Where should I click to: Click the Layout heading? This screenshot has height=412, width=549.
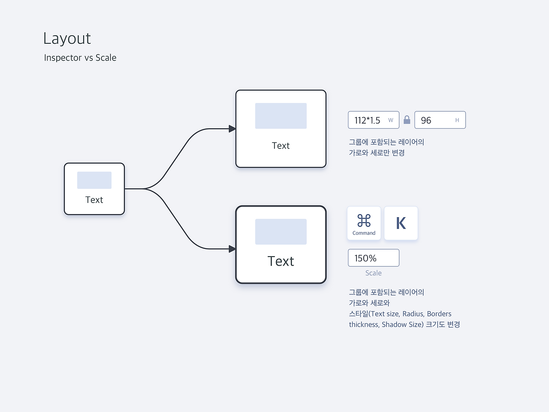(67, 39)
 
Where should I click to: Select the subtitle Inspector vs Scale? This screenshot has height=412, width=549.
(80, 58)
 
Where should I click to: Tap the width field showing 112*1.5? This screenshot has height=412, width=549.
(374, 120)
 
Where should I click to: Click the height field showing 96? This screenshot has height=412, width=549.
(440, 120)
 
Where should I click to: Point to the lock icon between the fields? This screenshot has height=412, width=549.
(407, 120)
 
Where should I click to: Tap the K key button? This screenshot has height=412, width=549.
(401, 223)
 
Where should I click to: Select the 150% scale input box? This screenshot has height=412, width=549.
(374, 257)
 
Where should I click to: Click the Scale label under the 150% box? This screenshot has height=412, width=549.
(374, 273)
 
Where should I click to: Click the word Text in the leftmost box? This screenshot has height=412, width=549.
(94, 200)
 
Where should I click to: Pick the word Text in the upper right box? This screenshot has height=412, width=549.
(281, 145)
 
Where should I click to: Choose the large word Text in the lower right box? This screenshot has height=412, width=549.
(281, 261)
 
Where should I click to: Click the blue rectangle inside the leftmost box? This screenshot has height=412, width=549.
(94, 180)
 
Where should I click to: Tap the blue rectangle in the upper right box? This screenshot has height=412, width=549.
(281, 116)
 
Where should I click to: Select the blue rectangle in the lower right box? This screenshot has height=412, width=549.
(281, 232)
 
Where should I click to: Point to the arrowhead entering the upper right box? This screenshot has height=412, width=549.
(232, 129)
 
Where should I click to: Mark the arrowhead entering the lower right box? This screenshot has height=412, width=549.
(232, 249)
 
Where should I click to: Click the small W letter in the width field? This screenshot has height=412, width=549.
(391, 120)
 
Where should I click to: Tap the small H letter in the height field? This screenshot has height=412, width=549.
(457, 120)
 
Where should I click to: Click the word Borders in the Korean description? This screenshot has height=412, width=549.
(439, 314)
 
